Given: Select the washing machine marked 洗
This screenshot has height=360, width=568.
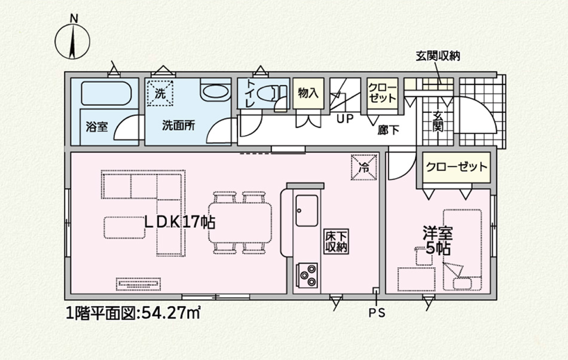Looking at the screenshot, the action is click(x=160, y=93).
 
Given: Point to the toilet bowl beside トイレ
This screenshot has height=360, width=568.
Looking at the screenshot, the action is click(x=270, y=94).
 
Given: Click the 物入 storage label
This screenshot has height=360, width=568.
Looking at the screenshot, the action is click(x=309, y=93).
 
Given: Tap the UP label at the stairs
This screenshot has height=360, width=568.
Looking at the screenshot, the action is click(x=345, y=118).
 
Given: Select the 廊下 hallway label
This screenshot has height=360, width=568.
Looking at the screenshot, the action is click(x=388, y=130).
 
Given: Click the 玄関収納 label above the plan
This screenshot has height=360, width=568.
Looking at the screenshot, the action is click(x=438, y=56).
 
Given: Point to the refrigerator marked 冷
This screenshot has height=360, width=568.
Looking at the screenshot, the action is click(x=364, y=167).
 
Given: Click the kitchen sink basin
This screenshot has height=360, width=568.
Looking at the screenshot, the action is click(x=307, y=210).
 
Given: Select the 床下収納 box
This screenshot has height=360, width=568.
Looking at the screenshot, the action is click(x=336, y=241).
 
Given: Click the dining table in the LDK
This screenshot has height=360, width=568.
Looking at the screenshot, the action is click(x=240, y=222).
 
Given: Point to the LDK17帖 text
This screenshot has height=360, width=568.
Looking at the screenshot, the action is click(x=180, y=222).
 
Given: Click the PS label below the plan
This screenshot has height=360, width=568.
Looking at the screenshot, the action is click(x=377, y=313).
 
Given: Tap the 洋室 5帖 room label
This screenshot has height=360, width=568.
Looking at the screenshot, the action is click(x=438, y=240).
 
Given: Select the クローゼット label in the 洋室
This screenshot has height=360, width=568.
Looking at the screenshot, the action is click(x=456, y=167).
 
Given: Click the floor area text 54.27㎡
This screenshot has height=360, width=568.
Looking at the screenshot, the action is click(x=170, y=312).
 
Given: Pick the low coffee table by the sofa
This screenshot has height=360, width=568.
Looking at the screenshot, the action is click(x=124, y=227).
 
